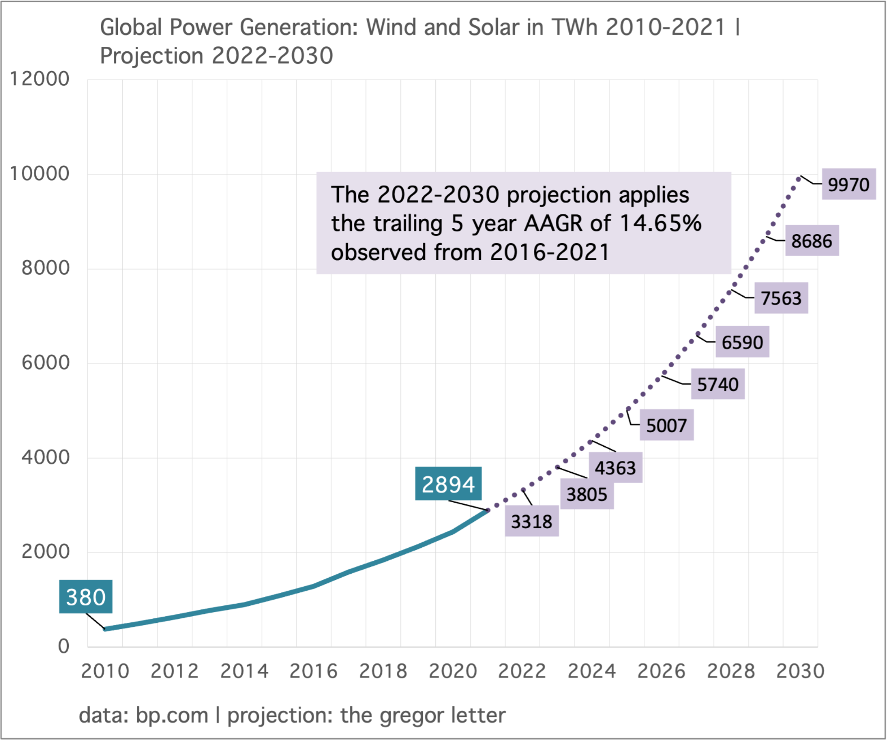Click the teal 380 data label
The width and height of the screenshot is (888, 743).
click(x=86, y=596)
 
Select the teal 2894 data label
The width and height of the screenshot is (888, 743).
click(x=448, y=483)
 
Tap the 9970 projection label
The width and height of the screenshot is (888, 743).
click(x=849, y=184)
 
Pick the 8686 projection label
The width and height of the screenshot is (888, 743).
click(x=811, y=241)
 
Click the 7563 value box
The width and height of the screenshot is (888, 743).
click(x=781, y=298)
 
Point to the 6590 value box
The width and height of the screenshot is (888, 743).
click(x=742, y=342)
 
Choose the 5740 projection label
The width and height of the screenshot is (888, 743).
click(x=717, y=384)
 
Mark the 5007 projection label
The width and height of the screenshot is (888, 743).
click(x=666, y=425)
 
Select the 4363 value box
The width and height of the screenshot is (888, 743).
click(x=615, y=468)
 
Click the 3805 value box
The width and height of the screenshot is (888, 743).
click(x=586, y=494)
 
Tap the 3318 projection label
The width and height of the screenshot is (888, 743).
click(x=531, y=521)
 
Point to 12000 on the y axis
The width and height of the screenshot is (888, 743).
click(x=39, y=79)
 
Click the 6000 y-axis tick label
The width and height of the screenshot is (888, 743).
click(x=46, y=363)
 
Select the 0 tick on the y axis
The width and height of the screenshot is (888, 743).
click(x=64, y=647)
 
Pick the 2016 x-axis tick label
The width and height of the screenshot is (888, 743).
click(x=313, y=671)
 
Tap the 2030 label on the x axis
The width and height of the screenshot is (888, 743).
click(x=800, y=671)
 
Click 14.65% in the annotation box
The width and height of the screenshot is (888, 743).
click(x=660, y=223)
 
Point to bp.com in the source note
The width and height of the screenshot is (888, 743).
click(x=172, y=715)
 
